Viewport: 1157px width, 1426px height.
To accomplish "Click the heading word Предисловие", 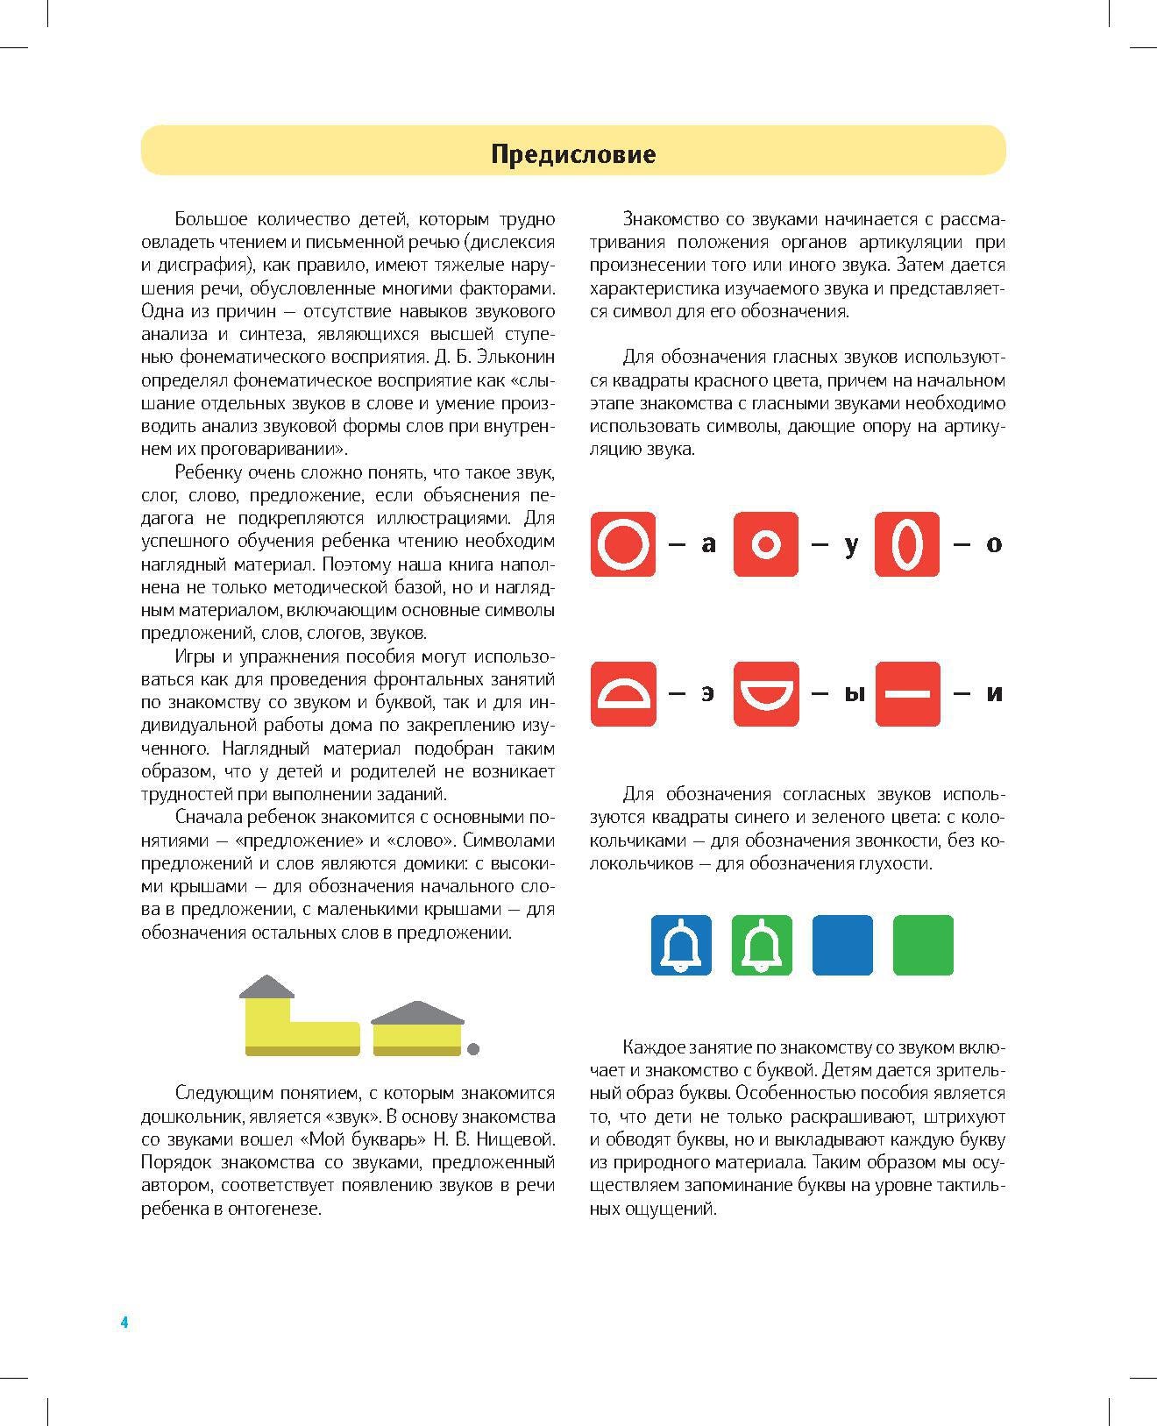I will click(573, 154).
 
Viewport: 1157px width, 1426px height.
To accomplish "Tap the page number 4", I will click(124, 1323).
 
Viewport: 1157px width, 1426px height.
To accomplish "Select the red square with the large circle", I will click(623, 544).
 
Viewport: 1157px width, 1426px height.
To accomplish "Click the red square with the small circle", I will click(765, 544).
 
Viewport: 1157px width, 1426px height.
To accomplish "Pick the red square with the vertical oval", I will click(907, 544).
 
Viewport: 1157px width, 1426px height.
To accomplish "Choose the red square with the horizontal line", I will click(907, 693).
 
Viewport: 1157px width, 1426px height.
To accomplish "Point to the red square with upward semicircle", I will click(623, 693).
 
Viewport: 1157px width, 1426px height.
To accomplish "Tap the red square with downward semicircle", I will click(765, 693).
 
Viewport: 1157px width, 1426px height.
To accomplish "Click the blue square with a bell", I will click(681, 945).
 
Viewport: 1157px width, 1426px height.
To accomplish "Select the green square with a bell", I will click(762, 945).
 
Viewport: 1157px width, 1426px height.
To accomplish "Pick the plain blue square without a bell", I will click(842, 945).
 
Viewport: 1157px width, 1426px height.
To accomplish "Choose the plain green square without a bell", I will click(923, 945).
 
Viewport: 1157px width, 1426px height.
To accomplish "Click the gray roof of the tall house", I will click(266, 988).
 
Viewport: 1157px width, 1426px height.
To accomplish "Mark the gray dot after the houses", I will click(473, 1048).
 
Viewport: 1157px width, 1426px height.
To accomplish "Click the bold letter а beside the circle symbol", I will click(708, 544).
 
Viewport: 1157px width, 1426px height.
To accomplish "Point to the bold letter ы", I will click(854, 694).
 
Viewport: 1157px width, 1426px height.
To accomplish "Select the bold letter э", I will click(706, 694).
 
